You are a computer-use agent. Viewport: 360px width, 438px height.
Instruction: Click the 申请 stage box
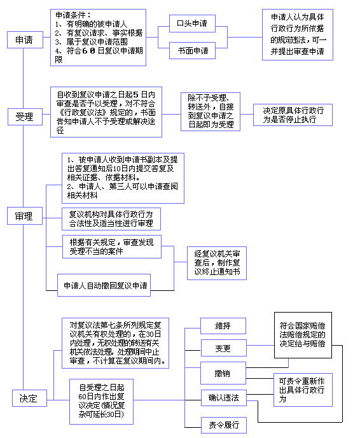pyautogui.click(x=25, y=39)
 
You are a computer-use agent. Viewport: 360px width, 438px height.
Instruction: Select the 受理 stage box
pyautogui.click(x=25, y=117)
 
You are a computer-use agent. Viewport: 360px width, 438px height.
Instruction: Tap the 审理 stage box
pyautogui.click(x=25, y=216)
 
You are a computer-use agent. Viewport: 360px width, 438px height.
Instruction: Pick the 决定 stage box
pyautogui.click(x=29, y=398)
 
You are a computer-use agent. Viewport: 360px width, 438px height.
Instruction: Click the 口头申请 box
pyautogui.click(x=192, y=24)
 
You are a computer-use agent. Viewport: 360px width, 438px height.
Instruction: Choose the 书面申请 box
pyautogui.click(x=192, y=50)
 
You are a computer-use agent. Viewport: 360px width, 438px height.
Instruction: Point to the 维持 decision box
pyautogui.click(x=223, y=326)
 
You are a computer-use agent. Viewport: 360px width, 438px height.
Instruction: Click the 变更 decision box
pyautogui.click(x=223, y=348)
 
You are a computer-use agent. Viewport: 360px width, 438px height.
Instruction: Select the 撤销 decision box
pyautogui.click(x=223, y=373)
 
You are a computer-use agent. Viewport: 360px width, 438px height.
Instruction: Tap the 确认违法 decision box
pyautogui.click(x=223, y=398)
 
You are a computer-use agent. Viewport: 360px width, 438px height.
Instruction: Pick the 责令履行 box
pyautogui.click(x=223, y=425)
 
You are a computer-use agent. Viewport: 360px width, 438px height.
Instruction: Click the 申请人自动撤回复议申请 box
pyautogui.click(x=104, y=285)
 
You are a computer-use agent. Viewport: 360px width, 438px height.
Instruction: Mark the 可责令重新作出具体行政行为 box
pyautogui.click(x=303, y=390)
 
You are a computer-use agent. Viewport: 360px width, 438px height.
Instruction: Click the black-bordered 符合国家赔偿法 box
pyautogui.click(x=303, y=335)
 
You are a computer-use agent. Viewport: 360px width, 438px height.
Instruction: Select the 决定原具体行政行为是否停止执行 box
pyautogui.click(x=293, y=115)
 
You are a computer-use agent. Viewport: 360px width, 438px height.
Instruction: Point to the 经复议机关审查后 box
pyautogui.click(x=216, y=263)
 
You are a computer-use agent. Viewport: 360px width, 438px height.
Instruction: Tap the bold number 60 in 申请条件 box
pyautogui.click(x=89, y=51)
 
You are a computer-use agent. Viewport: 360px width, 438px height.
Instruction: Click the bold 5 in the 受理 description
pyautogui.click(x=136, y=95)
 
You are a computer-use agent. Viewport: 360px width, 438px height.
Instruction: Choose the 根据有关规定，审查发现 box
pyautogui.click(x=112, y=246)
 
